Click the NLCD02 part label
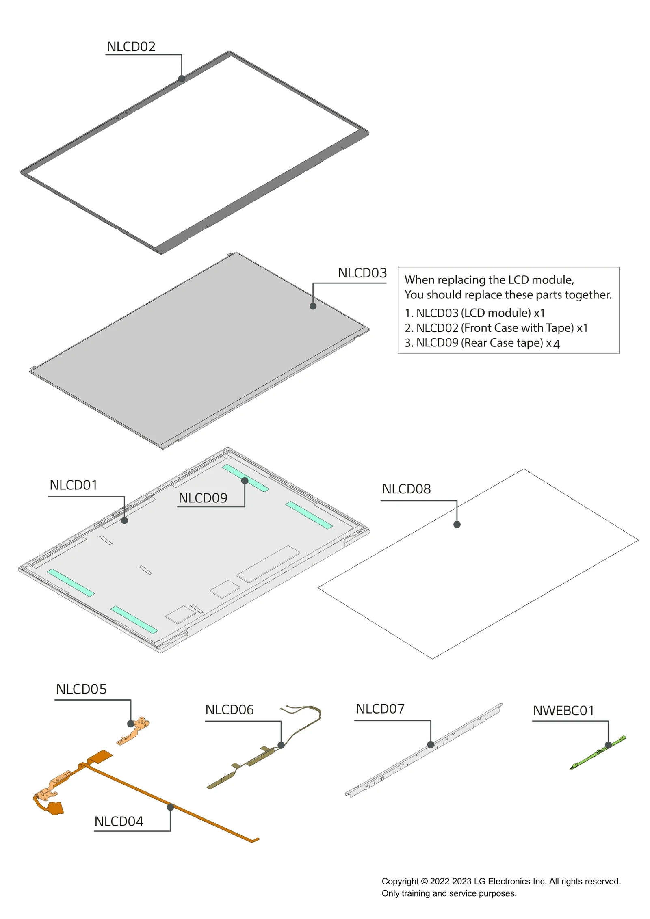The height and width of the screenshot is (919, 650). point(131,47)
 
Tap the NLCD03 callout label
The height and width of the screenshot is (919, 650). point(362,273)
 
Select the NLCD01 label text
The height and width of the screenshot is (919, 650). point(74,485)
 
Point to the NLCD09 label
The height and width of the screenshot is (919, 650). point(203,498)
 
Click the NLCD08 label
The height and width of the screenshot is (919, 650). point(406,489)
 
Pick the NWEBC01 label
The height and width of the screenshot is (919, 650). point(563,711)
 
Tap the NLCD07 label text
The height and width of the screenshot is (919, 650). point(380,709)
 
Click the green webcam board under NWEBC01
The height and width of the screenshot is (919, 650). point(597,753)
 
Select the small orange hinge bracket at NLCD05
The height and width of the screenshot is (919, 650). point(134,731)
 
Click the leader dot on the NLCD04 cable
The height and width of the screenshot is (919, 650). point(171,807)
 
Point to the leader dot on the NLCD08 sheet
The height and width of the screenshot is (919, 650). point(457,525)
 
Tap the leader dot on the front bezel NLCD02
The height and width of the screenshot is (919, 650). point(182,78)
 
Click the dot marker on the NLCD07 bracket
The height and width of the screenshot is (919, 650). point(431,744)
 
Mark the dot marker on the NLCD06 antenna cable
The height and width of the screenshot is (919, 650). point(281,745)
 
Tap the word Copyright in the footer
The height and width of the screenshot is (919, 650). point(400,881)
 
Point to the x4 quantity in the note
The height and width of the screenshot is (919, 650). point(553,344)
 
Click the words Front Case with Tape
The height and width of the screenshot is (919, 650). point(517,328)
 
